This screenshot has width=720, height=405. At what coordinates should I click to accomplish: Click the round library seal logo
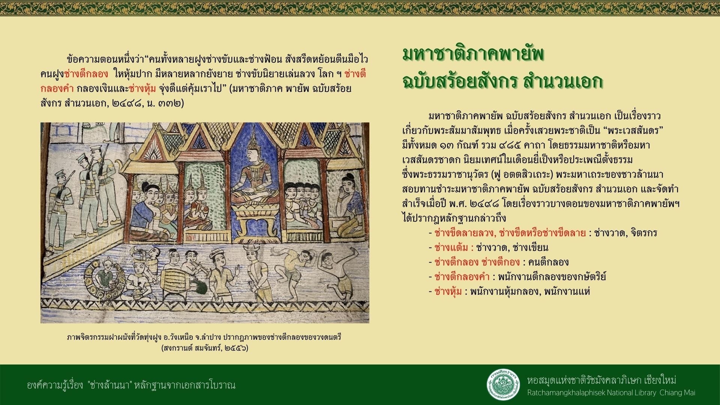pos(503,385)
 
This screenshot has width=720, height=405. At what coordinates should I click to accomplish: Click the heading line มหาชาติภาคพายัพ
pos(473,55)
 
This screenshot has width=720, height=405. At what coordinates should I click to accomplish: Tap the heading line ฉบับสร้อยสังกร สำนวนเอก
pos(502,81)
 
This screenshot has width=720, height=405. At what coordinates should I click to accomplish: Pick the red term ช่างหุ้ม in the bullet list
pos(448,291)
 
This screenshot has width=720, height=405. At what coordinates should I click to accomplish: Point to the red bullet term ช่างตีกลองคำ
pos(462,277)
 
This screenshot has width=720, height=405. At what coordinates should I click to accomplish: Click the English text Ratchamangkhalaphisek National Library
pos(592,393)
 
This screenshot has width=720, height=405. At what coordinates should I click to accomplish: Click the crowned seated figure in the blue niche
pos(253,177)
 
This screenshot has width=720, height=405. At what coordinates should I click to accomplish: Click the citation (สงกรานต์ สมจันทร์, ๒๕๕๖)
pos(205,348)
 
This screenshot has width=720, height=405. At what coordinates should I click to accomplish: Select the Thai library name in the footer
pos(601,380)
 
